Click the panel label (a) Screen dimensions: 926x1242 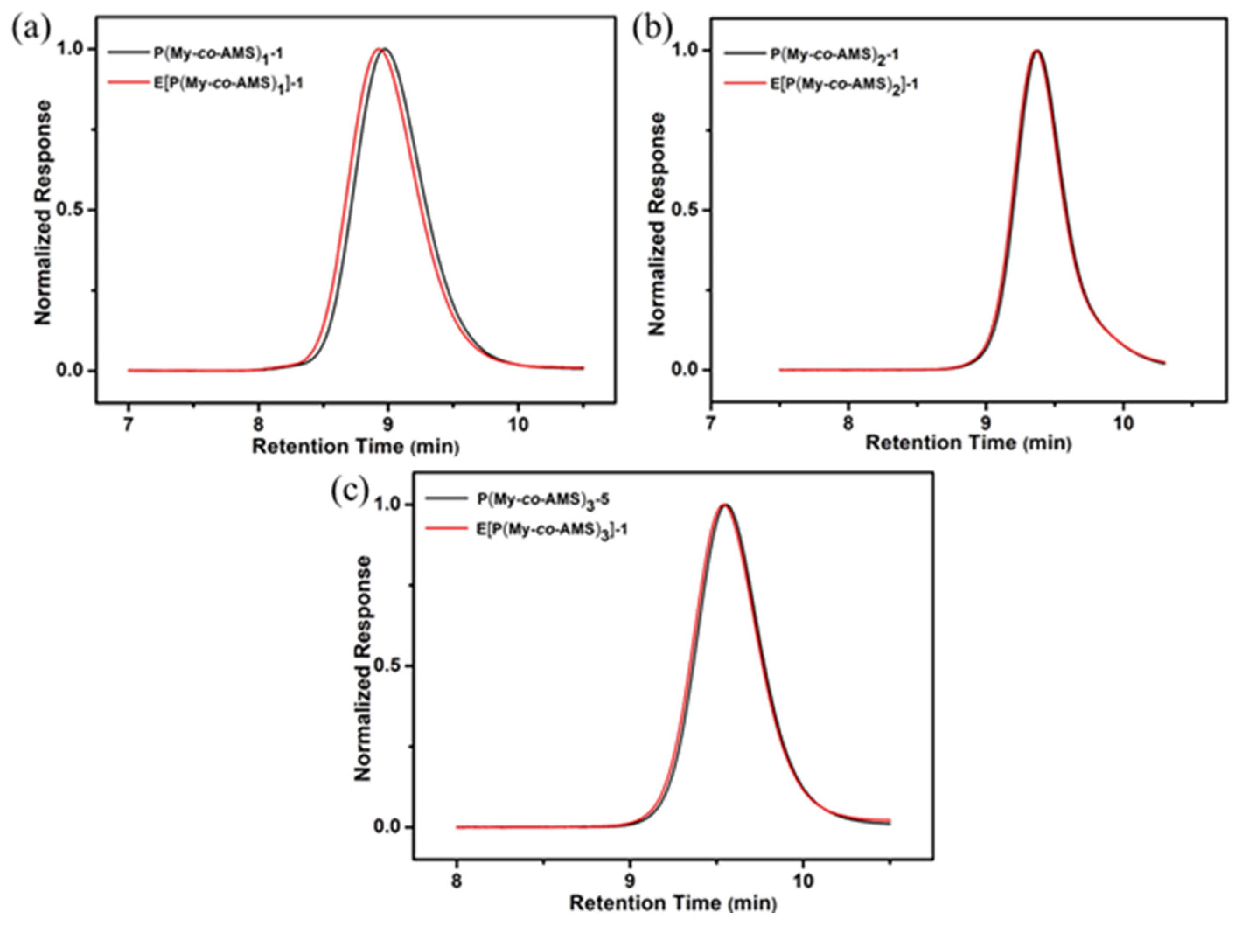[x=31, y=29]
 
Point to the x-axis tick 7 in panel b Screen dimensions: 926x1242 [x=712, y=422]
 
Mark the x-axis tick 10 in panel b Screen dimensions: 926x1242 [x=1123, y=422]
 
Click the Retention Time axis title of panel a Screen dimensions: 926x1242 [x=356, y=447]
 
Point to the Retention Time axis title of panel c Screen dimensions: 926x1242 [x=673, y=903]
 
